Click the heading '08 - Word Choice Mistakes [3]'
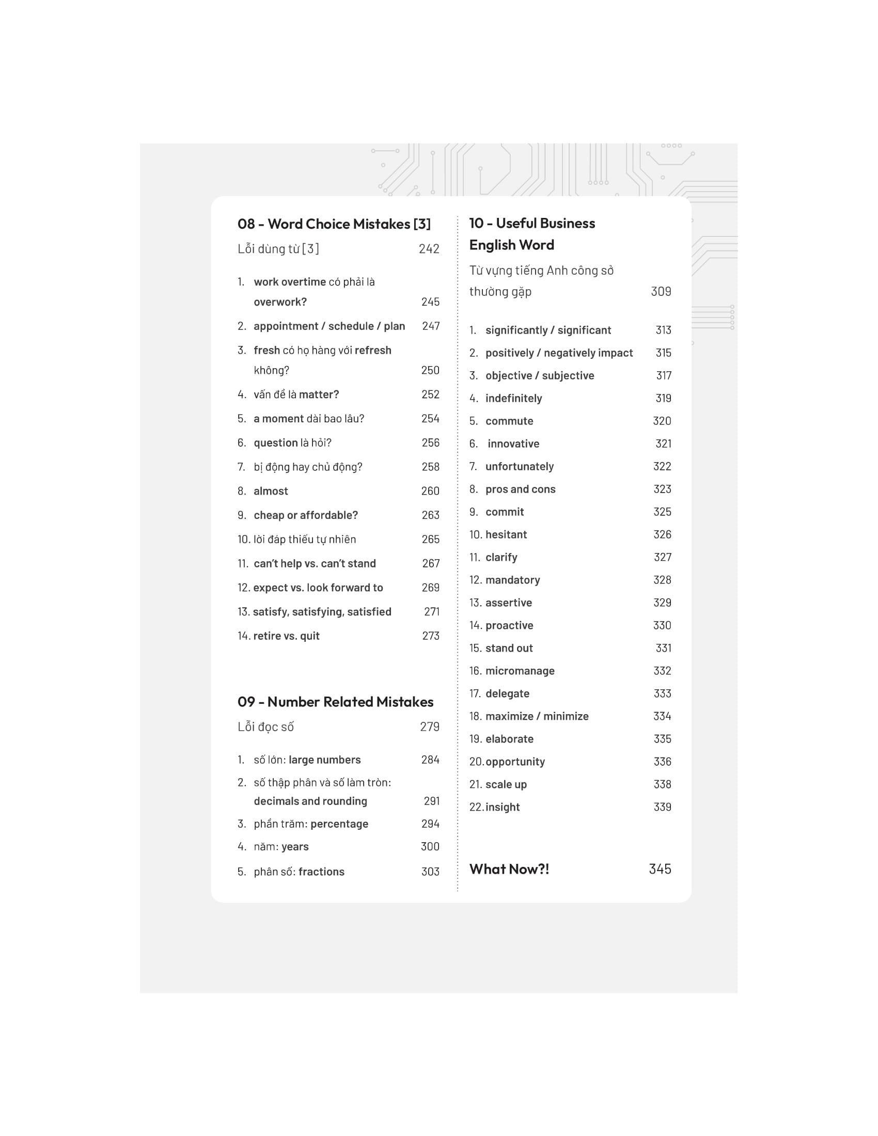(x=334, y=224)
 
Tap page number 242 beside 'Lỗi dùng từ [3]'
(x=429, y=249)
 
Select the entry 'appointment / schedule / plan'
(x=330, y=326)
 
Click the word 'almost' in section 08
(x=271, y=491)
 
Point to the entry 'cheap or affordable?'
(x=306, y=515)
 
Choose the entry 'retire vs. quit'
(x=286, y=636)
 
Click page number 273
(x=431, y=636)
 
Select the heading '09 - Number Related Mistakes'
(x=335, y=702)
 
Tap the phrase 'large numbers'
(x=324, y=760)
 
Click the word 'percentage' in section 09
(x=339, y=824)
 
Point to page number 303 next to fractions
(x=430, y=872)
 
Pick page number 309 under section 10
(x=661, y=291)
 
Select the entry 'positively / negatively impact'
(x=559, y=353)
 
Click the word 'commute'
(x=509, y=421)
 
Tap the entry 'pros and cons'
(x=520, y=489)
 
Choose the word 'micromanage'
(x=520, y=671)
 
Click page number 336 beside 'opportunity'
(x=662, y=762)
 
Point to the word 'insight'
(x=503, y=807)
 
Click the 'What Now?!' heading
(x=509, y=869)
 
